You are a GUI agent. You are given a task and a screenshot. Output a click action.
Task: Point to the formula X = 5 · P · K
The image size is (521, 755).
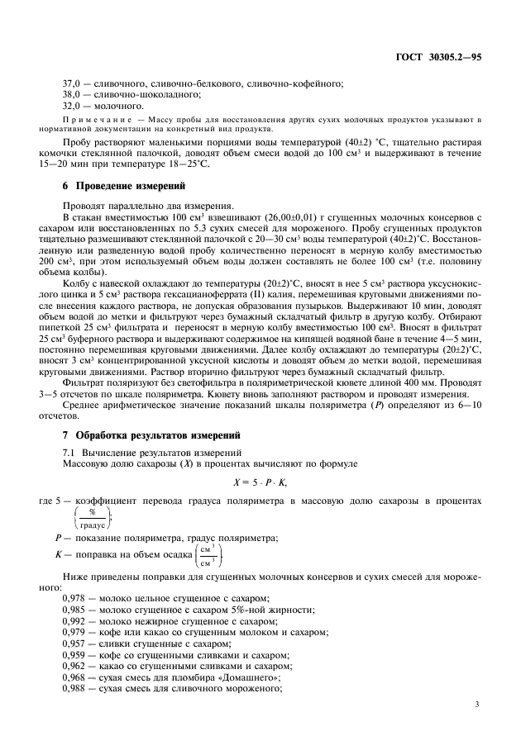click(x=260, y=482)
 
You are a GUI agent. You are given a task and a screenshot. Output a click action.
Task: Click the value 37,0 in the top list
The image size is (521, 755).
click(x=74, y=83)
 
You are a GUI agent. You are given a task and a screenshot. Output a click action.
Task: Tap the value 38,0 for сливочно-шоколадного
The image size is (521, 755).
click(x=74, y=94)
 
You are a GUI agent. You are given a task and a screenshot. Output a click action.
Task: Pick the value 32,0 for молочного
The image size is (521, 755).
click(x=74, y=106)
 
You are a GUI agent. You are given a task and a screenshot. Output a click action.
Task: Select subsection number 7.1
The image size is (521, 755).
click(x=69, y=452)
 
